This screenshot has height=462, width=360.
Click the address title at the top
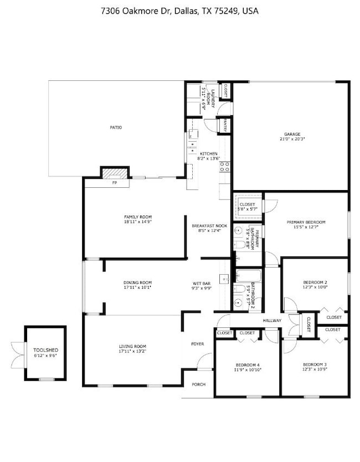point(179,11)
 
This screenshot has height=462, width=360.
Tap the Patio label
point(115,128)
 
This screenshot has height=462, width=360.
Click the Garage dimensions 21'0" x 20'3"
point(292,140)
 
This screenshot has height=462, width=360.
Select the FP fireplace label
point(115,182)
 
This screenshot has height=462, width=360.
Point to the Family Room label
point(137,217)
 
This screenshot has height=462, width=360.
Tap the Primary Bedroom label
point(306,222)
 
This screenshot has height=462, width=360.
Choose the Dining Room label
point(137,283)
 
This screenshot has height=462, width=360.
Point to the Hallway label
point(272,321)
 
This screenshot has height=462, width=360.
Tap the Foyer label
point(198,344)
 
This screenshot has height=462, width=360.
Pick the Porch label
point(198,384)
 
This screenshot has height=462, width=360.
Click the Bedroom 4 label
point(248,365)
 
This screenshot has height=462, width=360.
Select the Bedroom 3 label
point(315,365)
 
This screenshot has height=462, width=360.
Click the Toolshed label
point(45,350)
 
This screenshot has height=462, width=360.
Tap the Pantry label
point(226,126)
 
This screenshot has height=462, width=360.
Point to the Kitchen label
point(208,153)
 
